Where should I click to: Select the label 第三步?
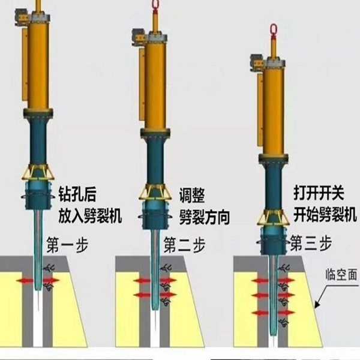coord(311,243)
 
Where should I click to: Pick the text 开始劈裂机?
coord(325,215)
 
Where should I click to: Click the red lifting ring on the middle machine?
coord(154,5)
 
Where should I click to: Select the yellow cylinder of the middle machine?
coord(155,84)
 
